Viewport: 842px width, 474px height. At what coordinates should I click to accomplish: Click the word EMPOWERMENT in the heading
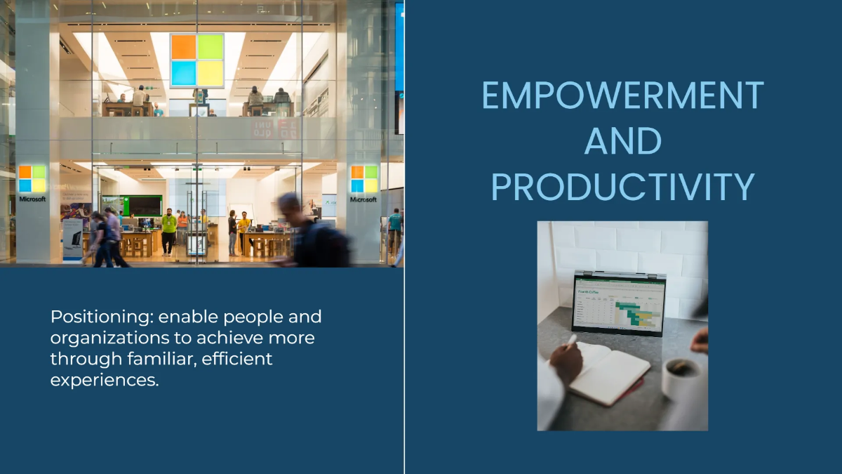click(x=622, y=96)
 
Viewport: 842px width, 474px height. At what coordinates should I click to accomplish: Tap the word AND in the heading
click(x=622, y=141)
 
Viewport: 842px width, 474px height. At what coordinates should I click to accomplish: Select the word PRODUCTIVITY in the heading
click(x=622, y=187)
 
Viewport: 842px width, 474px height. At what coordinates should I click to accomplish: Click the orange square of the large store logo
click(x=184, y=47)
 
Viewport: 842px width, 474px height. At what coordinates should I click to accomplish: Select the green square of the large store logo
click(x=210, y=47)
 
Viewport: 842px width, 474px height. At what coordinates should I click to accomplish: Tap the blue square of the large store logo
click(x=184, y=72)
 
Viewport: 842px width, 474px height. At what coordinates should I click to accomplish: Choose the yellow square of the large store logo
click(x=210, y=72)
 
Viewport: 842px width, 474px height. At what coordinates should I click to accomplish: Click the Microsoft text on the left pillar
click(x=32, y=199)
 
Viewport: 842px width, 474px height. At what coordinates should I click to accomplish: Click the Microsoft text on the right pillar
click(x=363, y=199)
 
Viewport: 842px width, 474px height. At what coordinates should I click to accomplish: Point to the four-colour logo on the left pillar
click(x=32, y=179)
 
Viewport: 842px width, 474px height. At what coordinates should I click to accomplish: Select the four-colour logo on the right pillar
click(x=363, y=179)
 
